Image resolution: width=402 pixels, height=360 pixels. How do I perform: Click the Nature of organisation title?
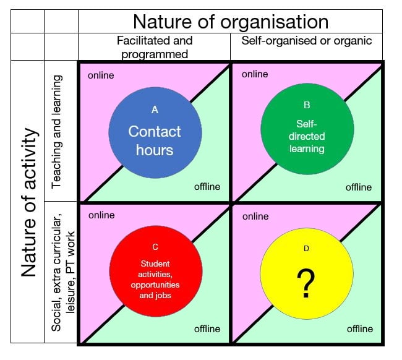pos(231,22)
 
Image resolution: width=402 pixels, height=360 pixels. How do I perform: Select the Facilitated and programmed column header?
pos(155,47)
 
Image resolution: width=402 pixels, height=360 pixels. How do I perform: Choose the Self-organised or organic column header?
pos(307,41)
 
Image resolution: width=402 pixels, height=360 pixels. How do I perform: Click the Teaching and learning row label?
pos(58,132)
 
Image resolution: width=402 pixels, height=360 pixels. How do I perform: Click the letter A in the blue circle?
pos(155,109)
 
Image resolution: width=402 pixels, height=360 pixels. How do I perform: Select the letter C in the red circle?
pos(155,247)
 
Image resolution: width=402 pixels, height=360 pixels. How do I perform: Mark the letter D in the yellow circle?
pos(305,249)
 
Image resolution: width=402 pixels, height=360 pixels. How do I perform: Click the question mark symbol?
pos(304,285)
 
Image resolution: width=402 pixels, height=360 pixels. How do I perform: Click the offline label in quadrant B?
pos(359,187)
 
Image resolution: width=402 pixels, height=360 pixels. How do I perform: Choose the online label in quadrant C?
pos(101,215)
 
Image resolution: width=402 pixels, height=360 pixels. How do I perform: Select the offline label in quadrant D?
pos(359,328)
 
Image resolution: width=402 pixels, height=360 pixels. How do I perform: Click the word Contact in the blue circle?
pos(155,132)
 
